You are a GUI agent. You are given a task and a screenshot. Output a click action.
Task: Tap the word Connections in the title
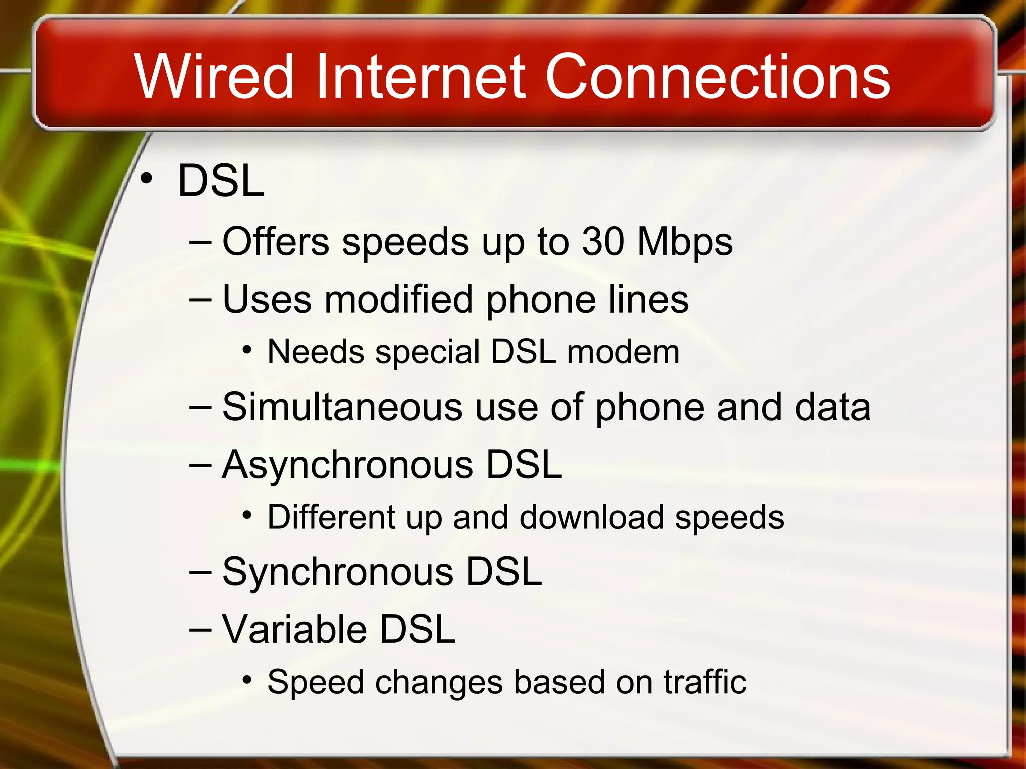(x=717, y=77)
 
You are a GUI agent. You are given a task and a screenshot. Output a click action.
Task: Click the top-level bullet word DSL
(x=221, y=181)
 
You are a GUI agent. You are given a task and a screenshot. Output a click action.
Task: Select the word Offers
(x=276, y=242)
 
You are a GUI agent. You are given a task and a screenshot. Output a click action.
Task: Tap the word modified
(x=399, y=299)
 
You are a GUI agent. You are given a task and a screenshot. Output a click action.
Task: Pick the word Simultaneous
(x=342, y=407)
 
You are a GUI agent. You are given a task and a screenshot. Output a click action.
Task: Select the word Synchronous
(x=338, y=572)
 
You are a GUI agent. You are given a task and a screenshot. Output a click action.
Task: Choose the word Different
(x=331, y=517)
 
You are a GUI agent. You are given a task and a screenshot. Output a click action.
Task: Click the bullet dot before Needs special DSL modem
(x=246, y=350)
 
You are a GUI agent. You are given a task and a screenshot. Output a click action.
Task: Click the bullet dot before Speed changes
(x=246, y=680)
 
